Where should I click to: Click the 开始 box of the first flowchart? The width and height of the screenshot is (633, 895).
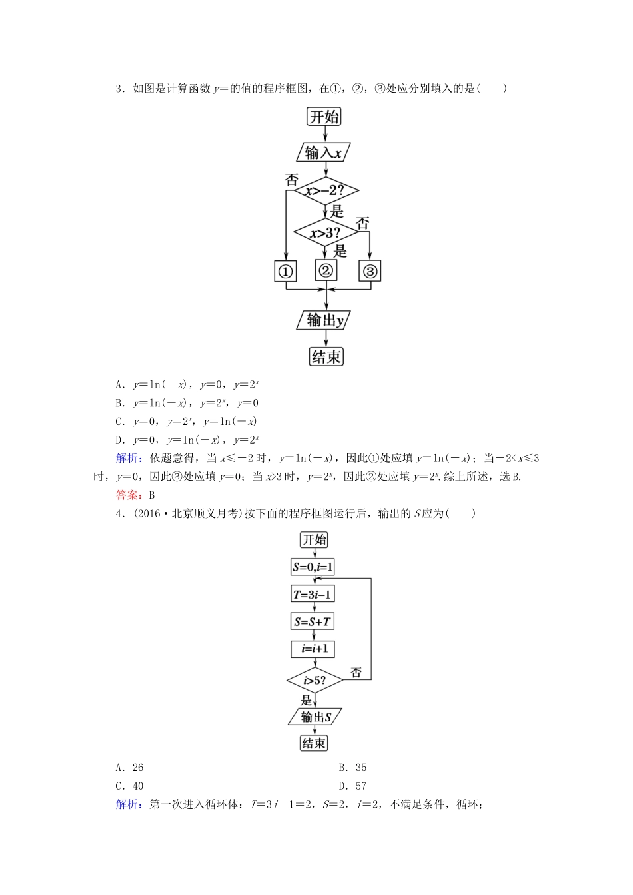coord(324,117)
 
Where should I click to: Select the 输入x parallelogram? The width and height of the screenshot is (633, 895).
coord(323,152)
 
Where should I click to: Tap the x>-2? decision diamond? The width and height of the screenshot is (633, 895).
coord(326,192)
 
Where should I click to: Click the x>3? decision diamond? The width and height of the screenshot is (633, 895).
coord(325,233)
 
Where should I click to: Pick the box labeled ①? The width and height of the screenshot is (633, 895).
coord(285,271)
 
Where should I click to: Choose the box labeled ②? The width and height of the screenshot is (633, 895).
coord(326,270)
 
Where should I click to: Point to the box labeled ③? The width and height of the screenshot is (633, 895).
coord(370,271)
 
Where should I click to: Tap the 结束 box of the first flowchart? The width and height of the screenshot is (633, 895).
coord(326,356)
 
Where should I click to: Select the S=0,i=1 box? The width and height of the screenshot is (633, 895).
coord(313,567)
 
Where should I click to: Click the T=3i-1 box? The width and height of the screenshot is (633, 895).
coord(313,595)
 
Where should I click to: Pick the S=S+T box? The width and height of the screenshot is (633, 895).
coord(313,622)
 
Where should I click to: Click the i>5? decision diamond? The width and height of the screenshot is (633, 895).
coord(315,680)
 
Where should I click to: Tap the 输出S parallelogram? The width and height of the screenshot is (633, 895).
coord(315,717)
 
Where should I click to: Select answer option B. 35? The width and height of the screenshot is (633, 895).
coord(352,768)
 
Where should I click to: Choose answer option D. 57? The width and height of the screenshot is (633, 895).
coord(352,786)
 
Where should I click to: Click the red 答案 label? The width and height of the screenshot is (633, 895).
coord(127,495)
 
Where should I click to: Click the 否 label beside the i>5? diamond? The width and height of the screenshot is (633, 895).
coord(356,673)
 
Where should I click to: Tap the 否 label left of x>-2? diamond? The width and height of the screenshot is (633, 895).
coord(291,180)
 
